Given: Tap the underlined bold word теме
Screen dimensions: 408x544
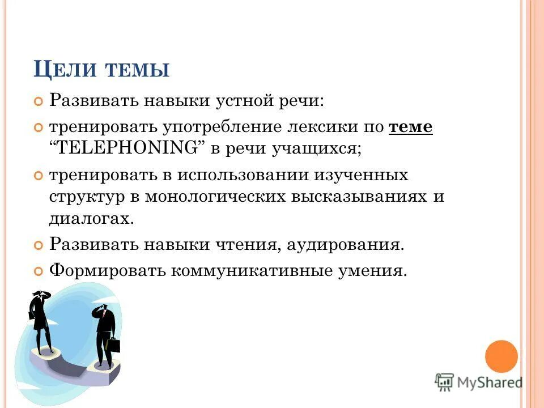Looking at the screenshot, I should (x=411, y=127).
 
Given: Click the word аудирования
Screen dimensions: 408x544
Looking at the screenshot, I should (x=345, y=245).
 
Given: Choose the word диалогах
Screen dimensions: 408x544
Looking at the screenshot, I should (x=92, y=219).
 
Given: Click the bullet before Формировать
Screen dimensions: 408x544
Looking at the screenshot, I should (x=39, y=271).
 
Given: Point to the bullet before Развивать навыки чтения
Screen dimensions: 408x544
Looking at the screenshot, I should (x=39, y=246).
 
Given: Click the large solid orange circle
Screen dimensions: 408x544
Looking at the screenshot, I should (x=501, y=356).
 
